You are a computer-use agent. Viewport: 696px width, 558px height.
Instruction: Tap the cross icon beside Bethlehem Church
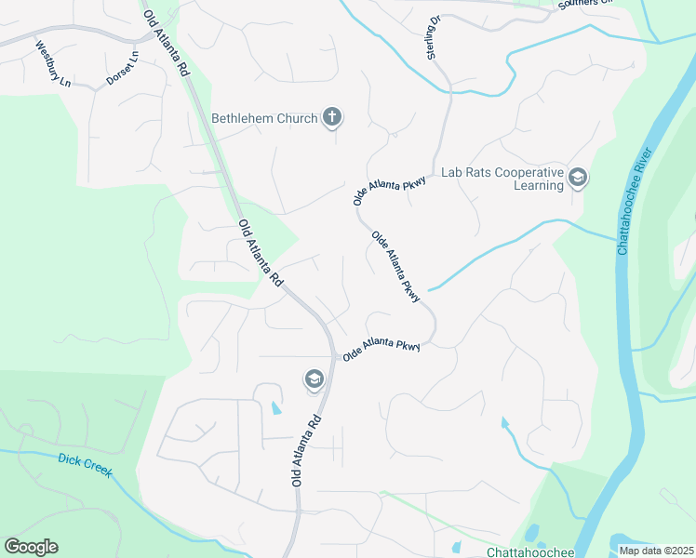pos(332,117)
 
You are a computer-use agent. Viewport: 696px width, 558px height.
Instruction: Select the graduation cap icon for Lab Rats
pos(577,178)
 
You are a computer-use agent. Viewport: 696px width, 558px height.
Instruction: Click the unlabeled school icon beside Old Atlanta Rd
pos(314,379)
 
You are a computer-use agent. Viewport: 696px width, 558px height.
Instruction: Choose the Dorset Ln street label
pos(123,68)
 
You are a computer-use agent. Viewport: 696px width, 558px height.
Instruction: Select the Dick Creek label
pos(85,465)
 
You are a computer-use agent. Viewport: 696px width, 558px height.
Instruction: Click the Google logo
pos(31,547)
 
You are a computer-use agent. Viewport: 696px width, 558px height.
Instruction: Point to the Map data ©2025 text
pos(656,551)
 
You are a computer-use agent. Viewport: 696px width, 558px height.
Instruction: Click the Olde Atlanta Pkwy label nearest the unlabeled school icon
pos(381,351)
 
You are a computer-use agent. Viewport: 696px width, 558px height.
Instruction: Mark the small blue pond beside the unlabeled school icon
pos(275,407)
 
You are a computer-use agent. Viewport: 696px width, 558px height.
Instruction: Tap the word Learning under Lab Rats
pos(539,185)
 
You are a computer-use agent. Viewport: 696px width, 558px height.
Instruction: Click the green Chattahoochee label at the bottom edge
pos(531,551)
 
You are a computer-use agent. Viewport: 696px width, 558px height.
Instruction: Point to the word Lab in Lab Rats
pos(451,173)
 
